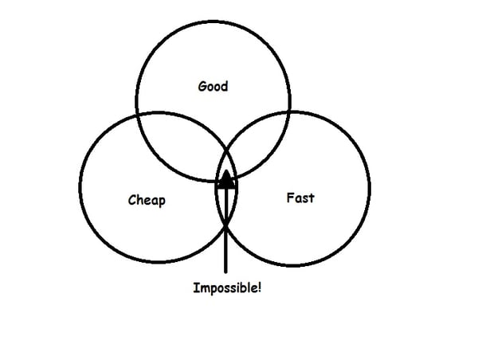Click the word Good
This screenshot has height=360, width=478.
(213, 85)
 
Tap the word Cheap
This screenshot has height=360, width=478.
(147, 200)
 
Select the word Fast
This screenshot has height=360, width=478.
(300, 197)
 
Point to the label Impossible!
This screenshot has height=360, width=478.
(227, 288)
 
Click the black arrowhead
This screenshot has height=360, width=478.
(227, 180)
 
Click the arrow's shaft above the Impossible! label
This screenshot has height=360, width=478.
(226, 247)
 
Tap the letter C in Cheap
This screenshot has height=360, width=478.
(131, 199)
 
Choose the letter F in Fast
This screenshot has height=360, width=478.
(289, 197)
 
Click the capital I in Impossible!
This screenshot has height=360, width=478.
(196, 287)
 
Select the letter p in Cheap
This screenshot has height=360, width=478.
(162, 202)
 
